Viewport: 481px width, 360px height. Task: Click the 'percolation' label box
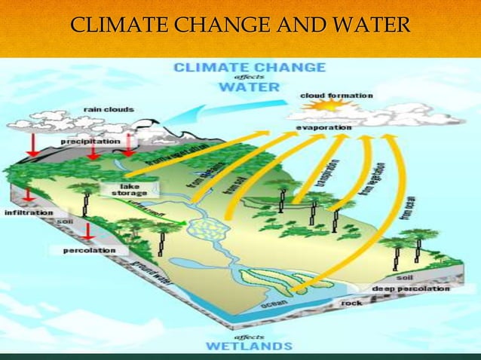89,249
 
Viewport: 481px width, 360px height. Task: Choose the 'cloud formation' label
336,96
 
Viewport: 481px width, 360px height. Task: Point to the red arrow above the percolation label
88,230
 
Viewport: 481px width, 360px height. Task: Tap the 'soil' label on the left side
66,221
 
